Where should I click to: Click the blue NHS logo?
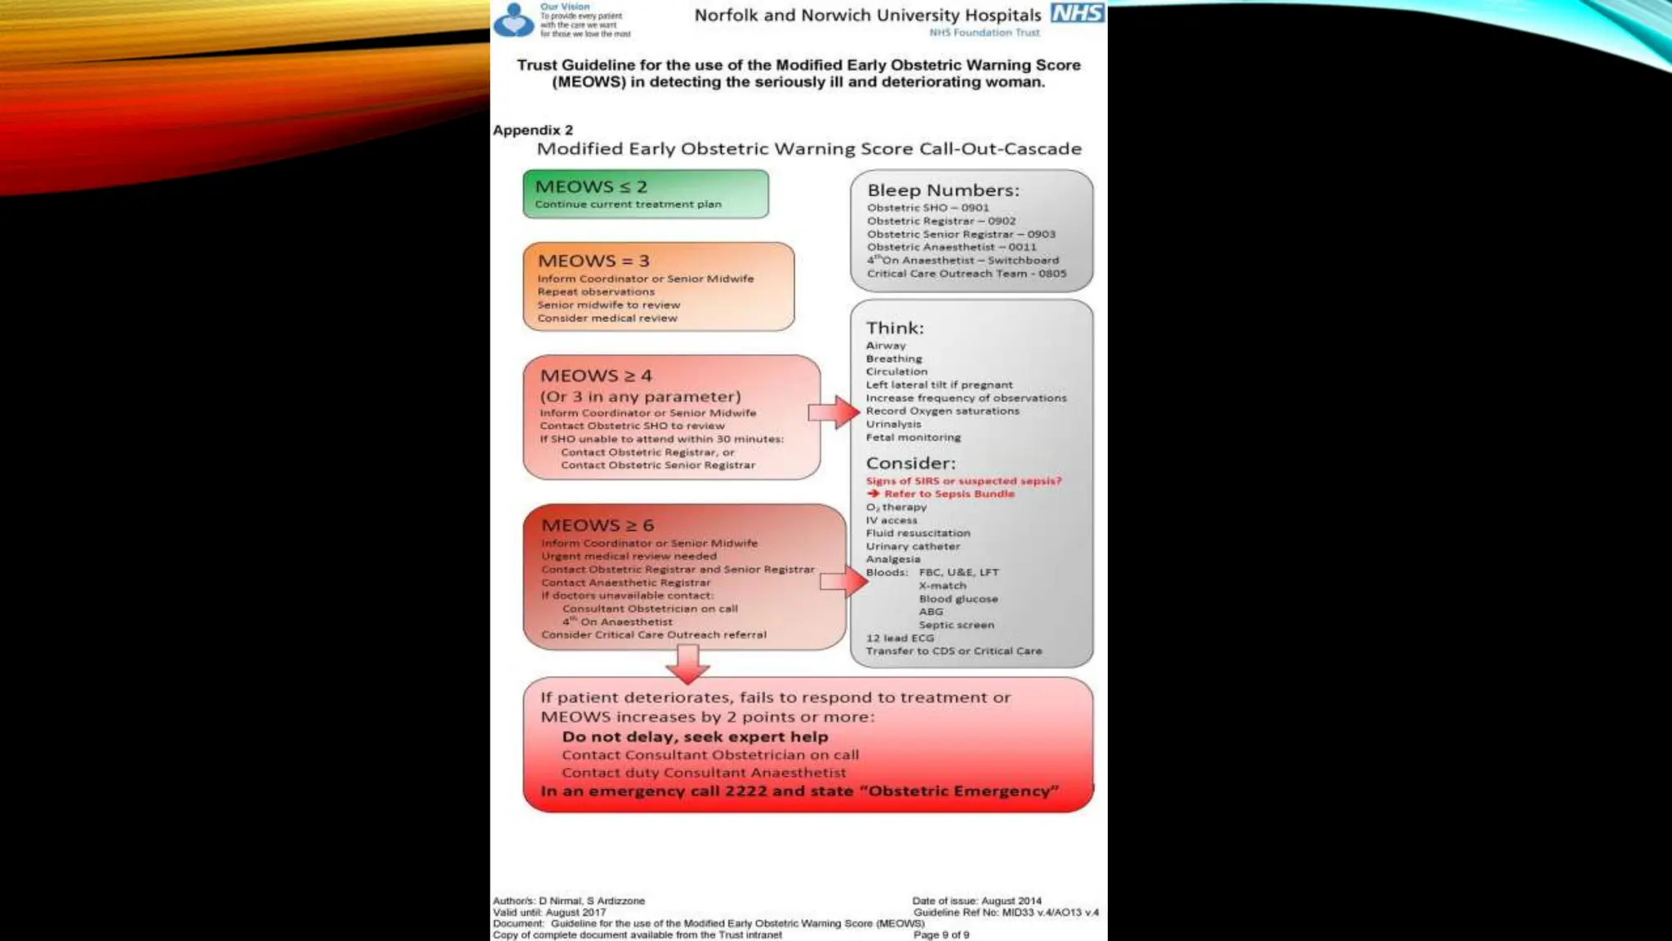[x=1078, y=13]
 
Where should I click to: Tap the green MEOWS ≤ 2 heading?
[x=590, y=187]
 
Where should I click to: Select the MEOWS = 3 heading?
[x=594, y=261]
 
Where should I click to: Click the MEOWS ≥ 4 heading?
[x=596, y=376]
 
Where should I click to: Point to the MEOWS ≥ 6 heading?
[x=598, y=525]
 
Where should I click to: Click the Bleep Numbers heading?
[x=943, y=190]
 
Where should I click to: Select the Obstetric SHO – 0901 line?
[x=927, y=207]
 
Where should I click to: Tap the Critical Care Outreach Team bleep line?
[x=967, y=274]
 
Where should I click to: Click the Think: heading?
[x=895, y=328]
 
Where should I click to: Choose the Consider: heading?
[x=910, y=463]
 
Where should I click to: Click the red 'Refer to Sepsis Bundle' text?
[x=949, y=493]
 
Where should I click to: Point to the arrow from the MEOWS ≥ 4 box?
[x=834, y=413]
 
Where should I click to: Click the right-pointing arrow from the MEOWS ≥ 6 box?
[x=843, y=582]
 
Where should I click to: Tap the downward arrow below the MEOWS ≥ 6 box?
[x=687, y=663]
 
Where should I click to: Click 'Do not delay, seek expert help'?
[x=695, y=737]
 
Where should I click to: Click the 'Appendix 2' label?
[x=532, y=130]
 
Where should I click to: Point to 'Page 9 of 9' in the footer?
[x=941, y=934]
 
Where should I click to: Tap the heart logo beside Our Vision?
[x=514, y=20]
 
